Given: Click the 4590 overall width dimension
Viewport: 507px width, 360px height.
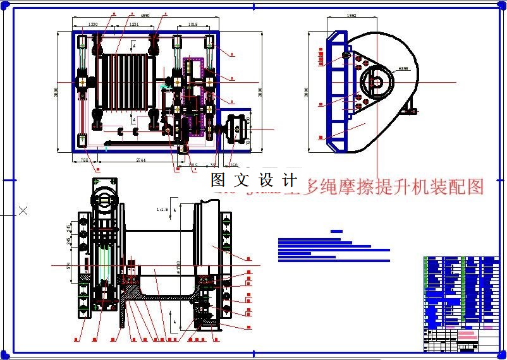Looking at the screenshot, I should [x=144, y=15].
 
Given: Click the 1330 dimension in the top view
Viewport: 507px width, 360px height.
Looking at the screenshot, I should [x=93, y=24].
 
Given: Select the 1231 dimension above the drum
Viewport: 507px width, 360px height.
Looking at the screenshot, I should [x=133, y=24].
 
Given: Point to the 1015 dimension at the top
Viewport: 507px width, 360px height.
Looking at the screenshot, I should [x=193, y=24].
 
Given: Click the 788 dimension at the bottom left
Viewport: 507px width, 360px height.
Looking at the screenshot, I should [x=85, y=161].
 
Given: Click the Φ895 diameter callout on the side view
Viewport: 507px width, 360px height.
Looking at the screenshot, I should [x=403, y=68].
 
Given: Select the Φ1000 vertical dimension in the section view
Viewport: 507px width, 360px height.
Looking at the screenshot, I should [x=179, y=270].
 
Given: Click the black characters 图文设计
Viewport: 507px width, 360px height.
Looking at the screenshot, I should [x=253, y=180].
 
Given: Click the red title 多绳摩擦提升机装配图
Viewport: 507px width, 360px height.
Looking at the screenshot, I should [x=394, y=186].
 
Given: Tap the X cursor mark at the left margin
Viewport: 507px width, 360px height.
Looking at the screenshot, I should [x=23, y=210].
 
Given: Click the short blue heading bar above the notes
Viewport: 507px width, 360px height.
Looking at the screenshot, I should [x=336, y=232].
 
